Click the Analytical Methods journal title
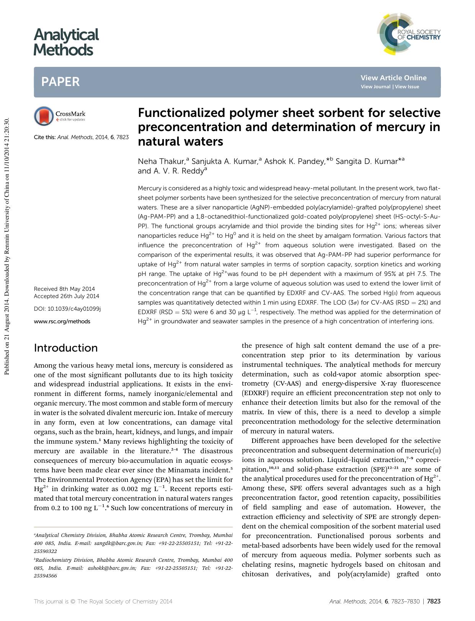coord(66,42)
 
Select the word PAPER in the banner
coord(60,82)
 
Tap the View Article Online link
coord(393,78)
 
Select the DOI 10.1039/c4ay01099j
coord(67,309)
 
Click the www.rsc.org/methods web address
coord(62,321)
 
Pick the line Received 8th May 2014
coord(64,289)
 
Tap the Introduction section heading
coord(65,348)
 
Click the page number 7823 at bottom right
coord(433,601)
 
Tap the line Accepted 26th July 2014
coord(66,296)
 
